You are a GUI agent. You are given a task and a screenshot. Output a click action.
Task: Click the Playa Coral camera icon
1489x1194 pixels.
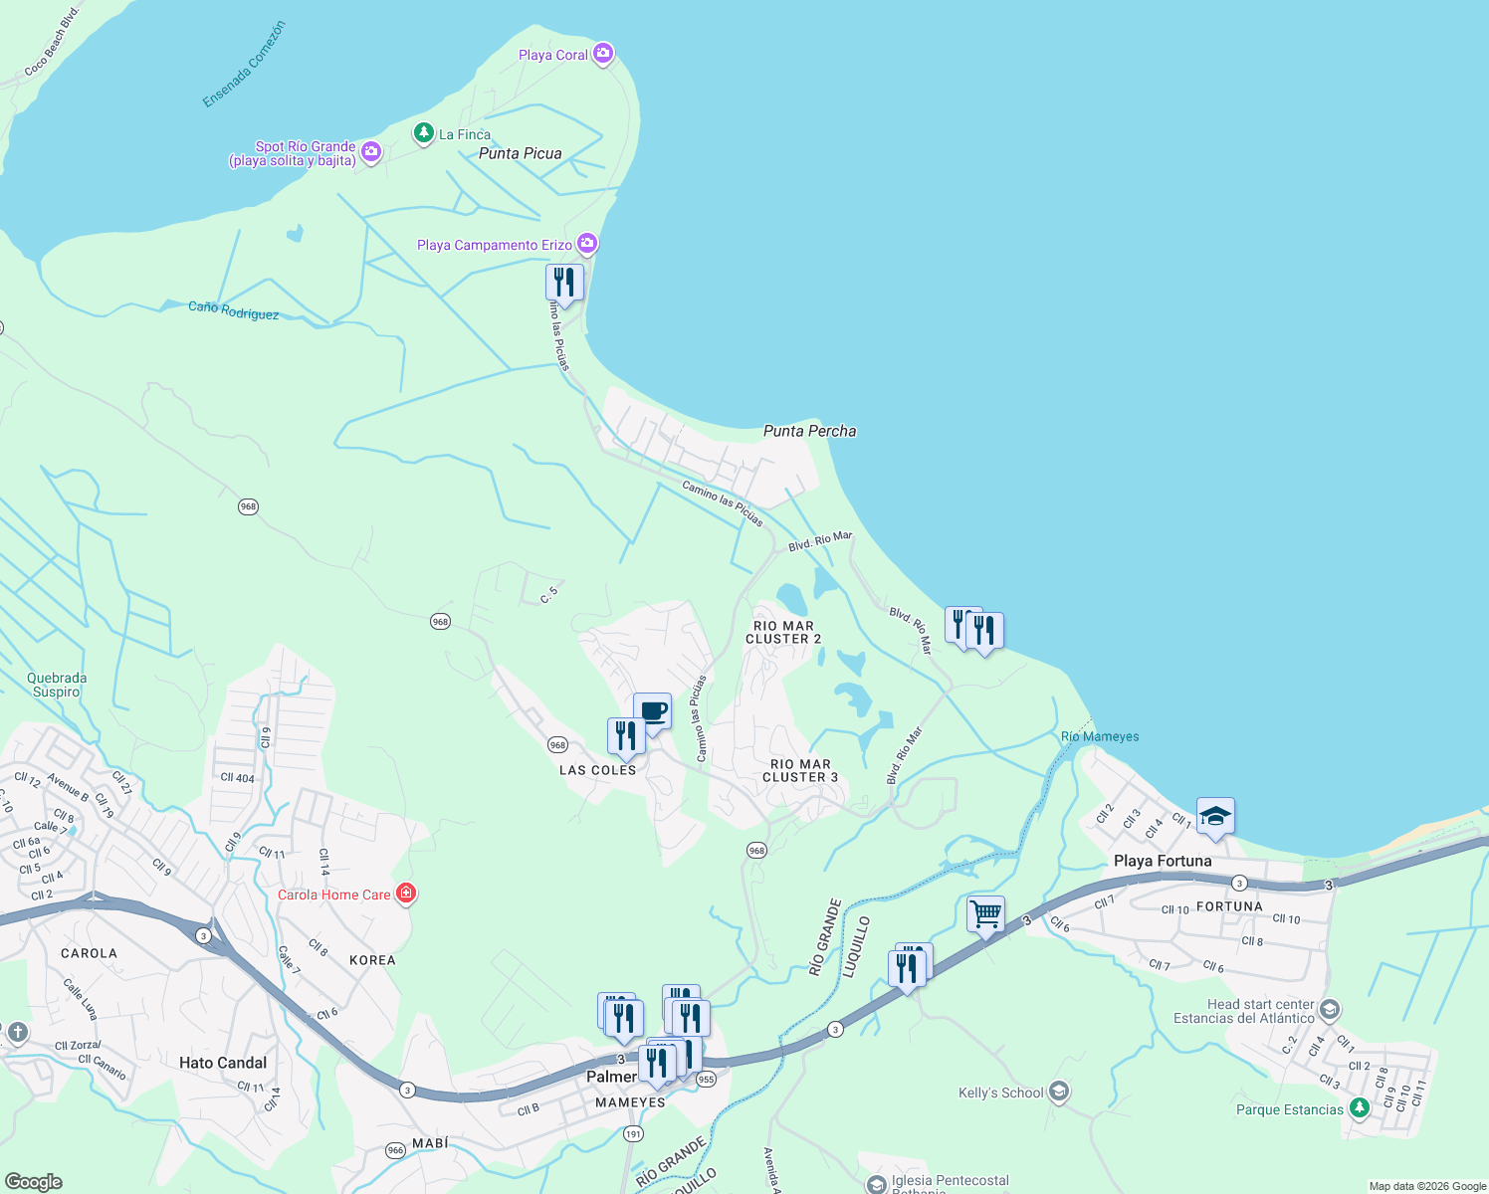pyautogui.click(x=603, y=54)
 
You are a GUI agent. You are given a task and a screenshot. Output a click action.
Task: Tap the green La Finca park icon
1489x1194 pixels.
pyautogui.click(x=424, y=133)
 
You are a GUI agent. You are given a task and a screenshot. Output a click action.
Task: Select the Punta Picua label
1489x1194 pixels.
pyautogui.click(x=520, y=153)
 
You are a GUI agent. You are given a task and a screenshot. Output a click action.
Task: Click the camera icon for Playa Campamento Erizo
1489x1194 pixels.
pyautogui.click(x=587, y=244)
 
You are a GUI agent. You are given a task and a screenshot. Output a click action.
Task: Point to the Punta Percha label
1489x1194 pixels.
pyautogui.click(x=809, y=431)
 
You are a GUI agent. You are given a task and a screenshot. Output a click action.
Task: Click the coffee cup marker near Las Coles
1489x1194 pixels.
pyautogui.click(x=653, y=712)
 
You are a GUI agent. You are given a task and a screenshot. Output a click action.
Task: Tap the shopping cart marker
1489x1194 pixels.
pyautogui.click(x=985, y=913)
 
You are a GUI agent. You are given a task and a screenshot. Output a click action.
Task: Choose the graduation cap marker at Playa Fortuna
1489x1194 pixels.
pyautogui.click(x=1215, y=817)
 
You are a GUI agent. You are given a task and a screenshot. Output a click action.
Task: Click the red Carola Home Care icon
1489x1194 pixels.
pyautogui.click(x=406, y=894)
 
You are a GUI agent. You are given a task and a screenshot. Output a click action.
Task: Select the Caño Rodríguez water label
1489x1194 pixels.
pyautogui.click(x=234, y=310)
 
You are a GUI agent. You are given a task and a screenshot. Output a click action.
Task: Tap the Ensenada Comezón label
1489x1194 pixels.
pyautogui.click(x=244, y=65)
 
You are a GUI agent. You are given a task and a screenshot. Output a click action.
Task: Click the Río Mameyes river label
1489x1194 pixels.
pyautogui.click(x=1100, y=736)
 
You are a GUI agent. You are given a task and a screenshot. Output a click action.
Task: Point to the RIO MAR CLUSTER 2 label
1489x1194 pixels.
pyautogui.click(x=783, y=633)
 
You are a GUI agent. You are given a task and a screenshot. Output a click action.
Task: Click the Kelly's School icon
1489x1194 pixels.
pyautogui.click(x=1059, y=1093)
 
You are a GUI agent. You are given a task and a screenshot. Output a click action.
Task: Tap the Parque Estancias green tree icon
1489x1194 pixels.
pyautogui.click(x=1360, y=1108)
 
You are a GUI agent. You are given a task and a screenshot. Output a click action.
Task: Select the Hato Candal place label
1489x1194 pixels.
pyautogui.click(x=223, y=1063)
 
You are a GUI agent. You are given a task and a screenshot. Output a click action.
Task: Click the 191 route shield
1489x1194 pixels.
pyautogui.click(x=633, y=1134)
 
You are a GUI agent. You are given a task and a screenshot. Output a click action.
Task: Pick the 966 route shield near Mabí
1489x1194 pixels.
pyautogui.click(x=395, y=1150)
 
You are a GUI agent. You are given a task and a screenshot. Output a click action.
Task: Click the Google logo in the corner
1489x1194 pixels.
pyautogui.click(x=34, y=1182)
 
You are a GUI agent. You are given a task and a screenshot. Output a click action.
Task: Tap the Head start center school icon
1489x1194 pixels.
pyautogui.click(x=1330, y=1011)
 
